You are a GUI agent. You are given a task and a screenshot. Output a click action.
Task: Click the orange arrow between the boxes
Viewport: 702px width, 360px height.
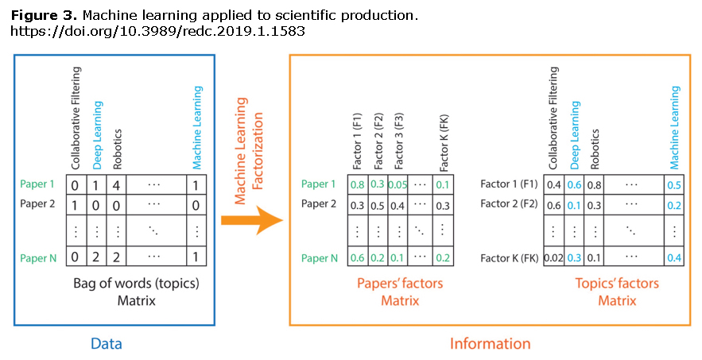point(252,220)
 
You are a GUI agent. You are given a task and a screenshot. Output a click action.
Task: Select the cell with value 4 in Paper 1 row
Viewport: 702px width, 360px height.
point(116,184)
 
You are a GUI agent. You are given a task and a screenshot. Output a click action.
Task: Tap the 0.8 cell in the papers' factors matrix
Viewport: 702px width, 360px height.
point(357,184)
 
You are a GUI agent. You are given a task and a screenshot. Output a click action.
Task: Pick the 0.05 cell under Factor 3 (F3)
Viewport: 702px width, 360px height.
point(398,184)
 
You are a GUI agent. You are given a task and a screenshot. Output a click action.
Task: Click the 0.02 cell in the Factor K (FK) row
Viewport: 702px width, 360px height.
point(553,258)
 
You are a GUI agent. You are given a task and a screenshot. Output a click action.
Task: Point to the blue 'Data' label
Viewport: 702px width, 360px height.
point(106,343)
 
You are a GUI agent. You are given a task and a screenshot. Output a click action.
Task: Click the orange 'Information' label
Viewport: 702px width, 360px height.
point(490,343)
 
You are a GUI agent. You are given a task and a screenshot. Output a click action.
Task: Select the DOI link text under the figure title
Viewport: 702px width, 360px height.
point(157,31)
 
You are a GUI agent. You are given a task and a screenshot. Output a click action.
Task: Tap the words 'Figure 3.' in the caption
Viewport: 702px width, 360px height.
point(45,16)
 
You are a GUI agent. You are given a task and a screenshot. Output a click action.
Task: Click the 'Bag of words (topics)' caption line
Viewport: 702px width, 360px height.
point(136,284)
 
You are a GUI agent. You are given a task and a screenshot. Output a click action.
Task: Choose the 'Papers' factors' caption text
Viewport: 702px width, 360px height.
point(400,284)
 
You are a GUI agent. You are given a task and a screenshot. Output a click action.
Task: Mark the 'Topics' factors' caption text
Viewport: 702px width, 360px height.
point(617,284)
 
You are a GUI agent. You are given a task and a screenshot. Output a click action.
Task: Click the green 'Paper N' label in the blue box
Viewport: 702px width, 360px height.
point(38,258)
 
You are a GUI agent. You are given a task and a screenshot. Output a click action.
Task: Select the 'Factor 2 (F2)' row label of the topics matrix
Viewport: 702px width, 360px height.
point(509,203)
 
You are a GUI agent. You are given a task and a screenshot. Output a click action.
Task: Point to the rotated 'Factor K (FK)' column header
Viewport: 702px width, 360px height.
point(444,143)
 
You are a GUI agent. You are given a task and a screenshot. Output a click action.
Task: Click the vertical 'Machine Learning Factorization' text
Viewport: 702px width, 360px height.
point(249,150)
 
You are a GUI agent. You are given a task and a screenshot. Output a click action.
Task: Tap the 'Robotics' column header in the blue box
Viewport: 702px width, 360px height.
point(118,149)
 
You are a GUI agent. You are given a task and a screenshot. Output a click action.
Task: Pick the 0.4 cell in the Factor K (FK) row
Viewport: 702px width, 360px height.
point(674,258)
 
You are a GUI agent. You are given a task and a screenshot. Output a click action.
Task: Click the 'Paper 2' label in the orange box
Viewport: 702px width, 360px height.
point(318,203)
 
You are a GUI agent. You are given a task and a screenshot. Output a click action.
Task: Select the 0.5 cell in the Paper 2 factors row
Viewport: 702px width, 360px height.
point(378,205)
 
